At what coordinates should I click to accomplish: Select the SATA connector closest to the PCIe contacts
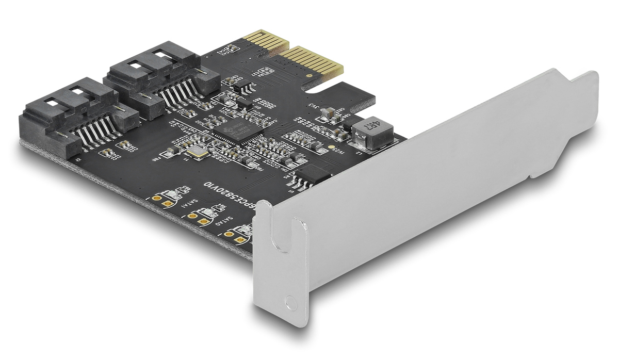tap(155, 77)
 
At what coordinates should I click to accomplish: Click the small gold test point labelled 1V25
tap(331, 146)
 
